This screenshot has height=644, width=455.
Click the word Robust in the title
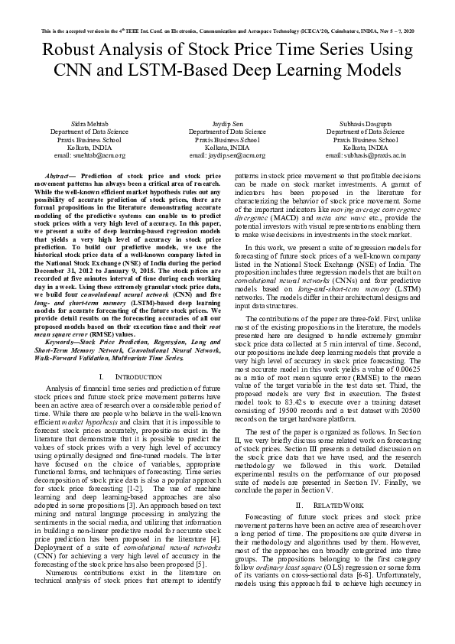coord(73,51)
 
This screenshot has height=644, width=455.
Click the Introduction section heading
coord(126,378)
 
